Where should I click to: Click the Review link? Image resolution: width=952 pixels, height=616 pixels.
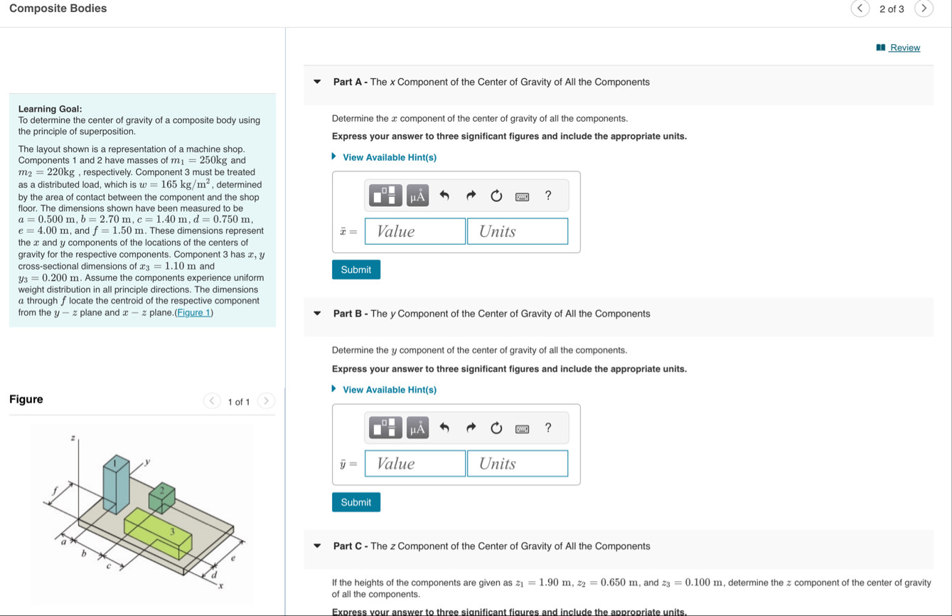tap(904, 48)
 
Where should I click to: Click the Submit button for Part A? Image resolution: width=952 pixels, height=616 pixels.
tap(355, 270)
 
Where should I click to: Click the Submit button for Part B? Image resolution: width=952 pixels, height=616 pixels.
tap(355, 502)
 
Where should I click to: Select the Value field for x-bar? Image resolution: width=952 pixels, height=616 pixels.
tap(415, 231)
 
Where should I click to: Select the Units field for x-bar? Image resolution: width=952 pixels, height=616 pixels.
tap(518, 231)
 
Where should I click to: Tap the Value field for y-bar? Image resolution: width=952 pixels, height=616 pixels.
tap(415, 464)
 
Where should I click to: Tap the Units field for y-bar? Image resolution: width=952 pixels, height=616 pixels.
tap(518, 464)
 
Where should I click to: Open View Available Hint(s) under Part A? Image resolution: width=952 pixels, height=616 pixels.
tap(389, 157)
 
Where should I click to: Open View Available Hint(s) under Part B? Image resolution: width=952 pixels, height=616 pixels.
tap(389, 390)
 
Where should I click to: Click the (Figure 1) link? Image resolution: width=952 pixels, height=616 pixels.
tap(194, 312)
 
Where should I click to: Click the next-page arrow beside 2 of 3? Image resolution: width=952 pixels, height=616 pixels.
tap(924, 9)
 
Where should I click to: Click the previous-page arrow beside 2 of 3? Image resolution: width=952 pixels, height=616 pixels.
tap(860, 9)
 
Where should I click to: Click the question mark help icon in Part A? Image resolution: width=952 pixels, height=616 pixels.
tap(547, 195)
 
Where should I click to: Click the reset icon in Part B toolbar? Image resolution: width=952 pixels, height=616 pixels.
tap(496, 428)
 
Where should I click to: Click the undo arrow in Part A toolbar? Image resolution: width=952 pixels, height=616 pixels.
tap(444, 196)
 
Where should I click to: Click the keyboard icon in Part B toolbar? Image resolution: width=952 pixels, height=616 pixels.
tap(522, 429)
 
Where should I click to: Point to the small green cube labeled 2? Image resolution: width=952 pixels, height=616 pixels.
tap(162, 498)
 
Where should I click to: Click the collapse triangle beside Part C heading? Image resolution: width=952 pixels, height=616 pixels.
tap(318, 546)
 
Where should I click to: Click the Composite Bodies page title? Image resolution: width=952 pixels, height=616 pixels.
tap(58, 9)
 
